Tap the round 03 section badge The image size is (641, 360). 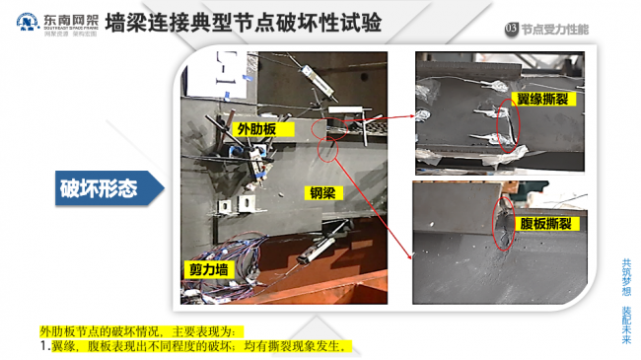(x=510, y=29)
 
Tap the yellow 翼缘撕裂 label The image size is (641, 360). (x=542, y=100)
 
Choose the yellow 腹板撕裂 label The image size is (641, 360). (x=542, y=224)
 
